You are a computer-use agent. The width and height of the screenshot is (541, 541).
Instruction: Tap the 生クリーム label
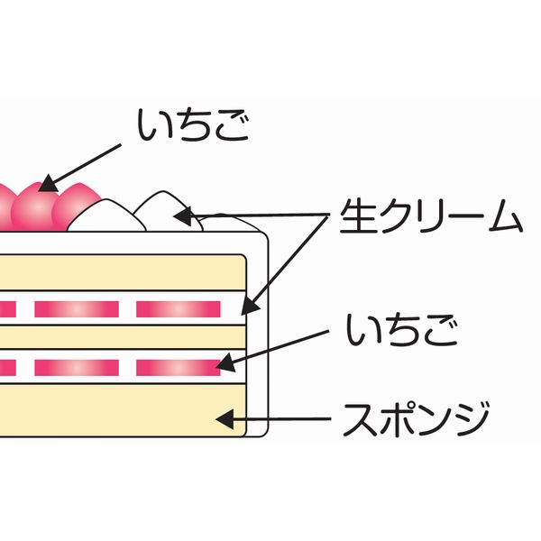(430, 217)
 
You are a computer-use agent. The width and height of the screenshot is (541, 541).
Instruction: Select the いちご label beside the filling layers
(402, 331)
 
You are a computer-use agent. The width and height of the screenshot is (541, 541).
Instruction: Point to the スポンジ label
(415, 417)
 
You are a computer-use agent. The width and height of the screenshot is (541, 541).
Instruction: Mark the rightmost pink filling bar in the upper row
(178, 308)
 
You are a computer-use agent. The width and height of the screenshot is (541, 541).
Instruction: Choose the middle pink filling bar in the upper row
(77, 308)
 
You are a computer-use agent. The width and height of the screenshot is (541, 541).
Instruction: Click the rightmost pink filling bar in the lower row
(178, 367)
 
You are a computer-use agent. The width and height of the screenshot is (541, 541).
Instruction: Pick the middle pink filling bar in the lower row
(77, 367)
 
